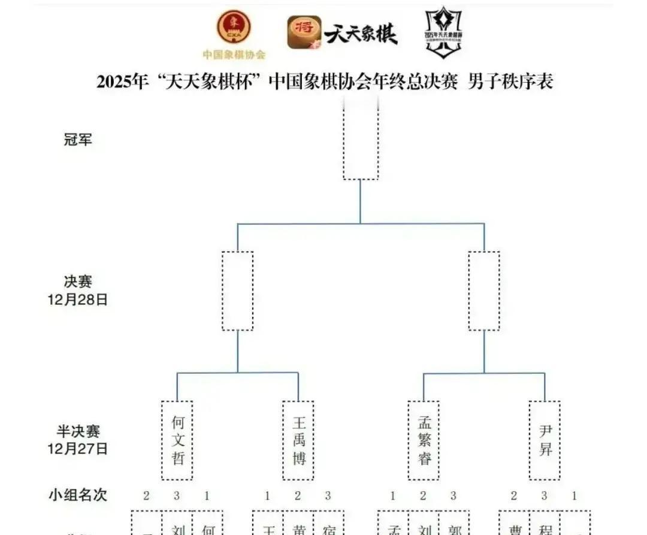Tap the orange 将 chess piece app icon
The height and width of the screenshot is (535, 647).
(304, 32)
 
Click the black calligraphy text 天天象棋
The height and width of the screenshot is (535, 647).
(361, 34)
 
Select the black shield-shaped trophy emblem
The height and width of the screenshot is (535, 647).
(443, 32)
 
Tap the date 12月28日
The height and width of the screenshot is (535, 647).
(78, 300)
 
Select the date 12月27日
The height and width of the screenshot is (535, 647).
(78, 448)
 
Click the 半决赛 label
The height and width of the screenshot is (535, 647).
(78, 431)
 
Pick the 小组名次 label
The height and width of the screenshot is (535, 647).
(78, 495)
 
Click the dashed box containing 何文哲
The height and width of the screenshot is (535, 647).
(177, 440)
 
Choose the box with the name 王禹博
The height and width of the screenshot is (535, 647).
(298, 440)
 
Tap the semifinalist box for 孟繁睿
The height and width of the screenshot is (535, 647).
(424, 440)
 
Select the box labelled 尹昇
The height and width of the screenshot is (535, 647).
(545, 440)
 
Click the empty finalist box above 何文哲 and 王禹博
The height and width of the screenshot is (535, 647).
(238, 291)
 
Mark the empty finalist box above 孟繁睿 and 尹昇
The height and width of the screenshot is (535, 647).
(484, 291)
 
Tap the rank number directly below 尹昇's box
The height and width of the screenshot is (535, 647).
(545, 495)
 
